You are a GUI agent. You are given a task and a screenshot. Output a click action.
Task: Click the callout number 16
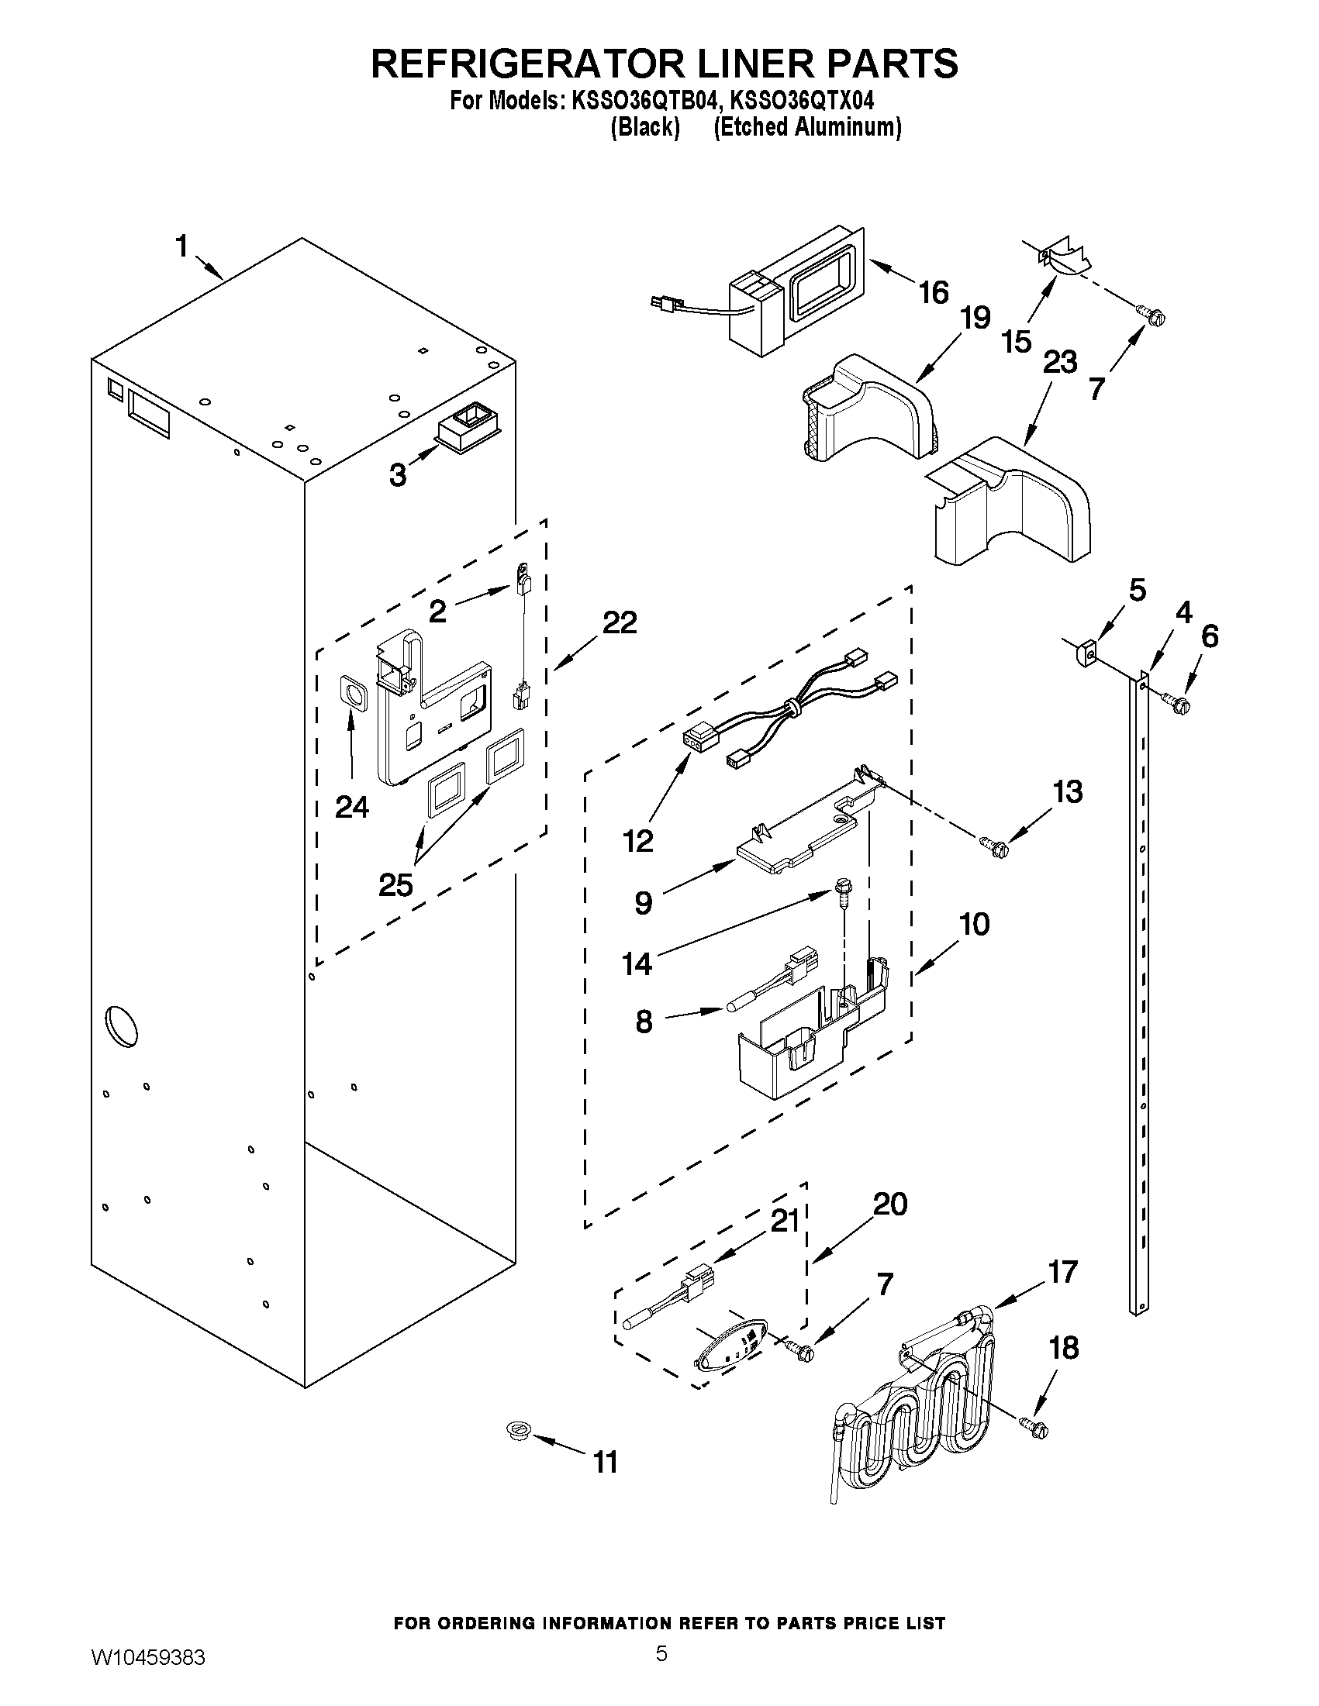[x=933, y=293]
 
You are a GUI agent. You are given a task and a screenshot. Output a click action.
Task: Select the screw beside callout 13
[x=994, y=843]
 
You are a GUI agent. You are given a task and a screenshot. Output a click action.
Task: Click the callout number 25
[x=395, y=886]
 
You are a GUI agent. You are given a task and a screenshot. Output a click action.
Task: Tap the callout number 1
[x=181, y=246]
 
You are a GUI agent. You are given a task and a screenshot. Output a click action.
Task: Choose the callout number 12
[x=638, y=841]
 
